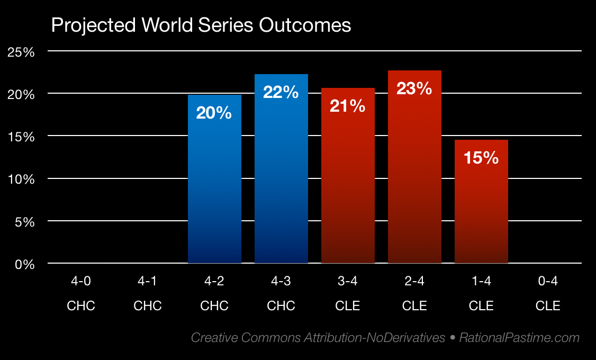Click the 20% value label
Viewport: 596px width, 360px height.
[x=214, y=113]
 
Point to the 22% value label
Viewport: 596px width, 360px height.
[x=281, y=93]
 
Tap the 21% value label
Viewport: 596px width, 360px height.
[x=348, y=106]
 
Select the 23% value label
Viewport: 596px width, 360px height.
[x=414, y=88]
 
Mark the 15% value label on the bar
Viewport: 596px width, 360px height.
[x=481, y=158]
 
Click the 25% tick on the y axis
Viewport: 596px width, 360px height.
[x=22, y=52]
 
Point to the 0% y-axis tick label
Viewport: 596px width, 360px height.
[x=25, y=264]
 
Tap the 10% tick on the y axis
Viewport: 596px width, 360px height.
[x=22, y=179]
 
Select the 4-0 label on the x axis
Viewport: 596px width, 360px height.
[x=81, y=282]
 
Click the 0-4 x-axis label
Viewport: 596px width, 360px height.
[x=548, y=282]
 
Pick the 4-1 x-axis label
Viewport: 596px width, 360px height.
[x=148, y=282]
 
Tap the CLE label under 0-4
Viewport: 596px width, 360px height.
[x=548, y=306]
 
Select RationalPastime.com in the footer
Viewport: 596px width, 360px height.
[x=519, y=337]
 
